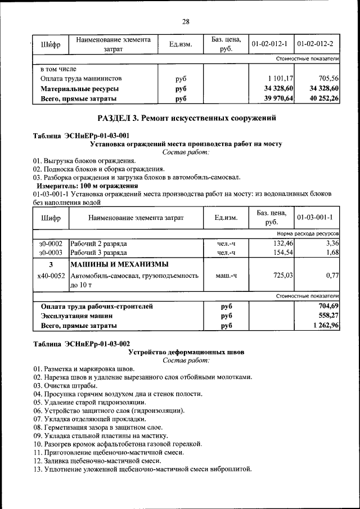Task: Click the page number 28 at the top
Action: [186, 22]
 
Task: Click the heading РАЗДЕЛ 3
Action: [186, 119]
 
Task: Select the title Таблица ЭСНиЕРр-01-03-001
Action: [82, 136]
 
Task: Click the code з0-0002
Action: [51, 244]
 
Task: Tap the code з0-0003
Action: [51, 253]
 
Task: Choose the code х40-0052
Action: [51, 276]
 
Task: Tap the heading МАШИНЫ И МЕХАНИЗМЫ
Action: [119, 264]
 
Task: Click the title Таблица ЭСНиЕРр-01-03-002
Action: [82, 344]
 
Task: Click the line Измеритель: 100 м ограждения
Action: [87, 186]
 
